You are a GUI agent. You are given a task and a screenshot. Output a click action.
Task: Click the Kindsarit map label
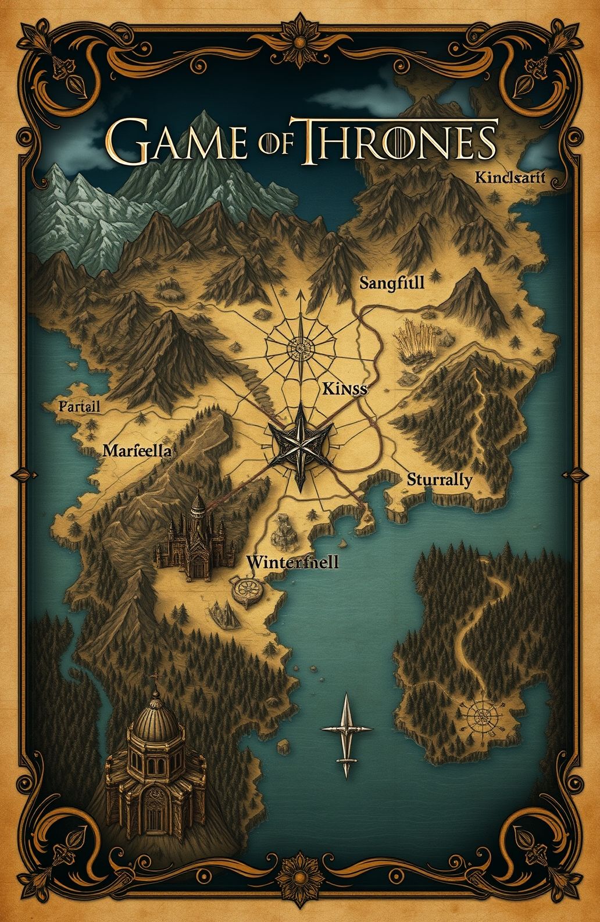[x=510, y=178]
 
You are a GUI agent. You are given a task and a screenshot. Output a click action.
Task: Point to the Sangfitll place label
[x=392, y=283]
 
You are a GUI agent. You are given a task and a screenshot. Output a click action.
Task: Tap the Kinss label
[x=344, y=389]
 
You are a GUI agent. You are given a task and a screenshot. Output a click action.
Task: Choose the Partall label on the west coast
[x=80, y=406]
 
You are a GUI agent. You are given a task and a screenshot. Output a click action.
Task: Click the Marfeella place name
[x=137, y=450]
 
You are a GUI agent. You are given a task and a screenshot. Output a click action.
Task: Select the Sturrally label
[x=439, y=480]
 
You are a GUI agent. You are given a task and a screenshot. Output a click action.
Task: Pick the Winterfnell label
[x=292, y=562]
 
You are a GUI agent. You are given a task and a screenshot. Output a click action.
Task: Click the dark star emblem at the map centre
[x=299, y=446]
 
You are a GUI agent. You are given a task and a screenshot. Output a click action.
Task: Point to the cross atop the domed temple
[x=155, y=678]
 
